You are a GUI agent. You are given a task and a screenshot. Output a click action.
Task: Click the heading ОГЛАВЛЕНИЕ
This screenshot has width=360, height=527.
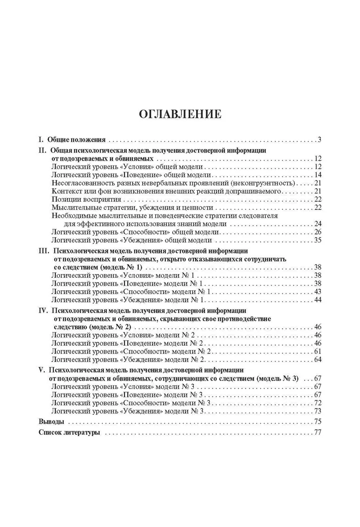click(x=180, y=114)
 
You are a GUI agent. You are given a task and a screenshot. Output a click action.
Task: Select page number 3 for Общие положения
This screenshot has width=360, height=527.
click(x=319, y=140)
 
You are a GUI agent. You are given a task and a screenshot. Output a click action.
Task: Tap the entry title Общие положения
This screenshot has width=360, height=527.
click(x=77, y=140)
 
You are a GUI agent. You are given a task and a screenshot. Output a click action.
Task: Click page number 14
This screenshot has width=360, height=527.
click(x=317, y=174)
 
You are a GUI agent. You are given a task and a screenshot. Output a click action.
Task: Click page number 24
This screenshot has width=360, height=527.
click(x=317, y=223)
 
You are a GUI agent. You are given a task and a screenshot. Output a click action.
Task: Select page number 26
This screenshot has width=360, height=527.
click(x=317, y=232)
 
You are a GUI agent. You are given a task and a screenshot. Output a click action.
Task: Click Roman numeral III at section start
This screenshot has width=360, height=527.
click(x=44, y=251)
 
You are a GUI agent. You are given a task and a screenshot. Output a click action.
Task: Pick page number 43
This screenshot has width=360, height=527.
click(x=317, y=291)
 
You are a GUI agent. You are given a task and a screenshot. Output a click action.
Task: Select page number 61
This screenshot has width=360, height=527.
click(x=317, y=351)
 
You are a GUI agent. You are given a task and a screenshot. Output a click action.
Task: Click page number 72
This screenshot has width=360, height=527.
click(x=317, y=403)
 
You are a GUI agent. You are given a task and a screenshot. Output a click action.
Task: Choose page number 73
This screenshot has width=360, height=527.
click(x=317, y=411)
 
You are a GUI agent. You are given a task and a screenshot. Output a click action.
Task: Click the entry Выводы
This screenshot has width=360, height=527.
click(x=52, y=422)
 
